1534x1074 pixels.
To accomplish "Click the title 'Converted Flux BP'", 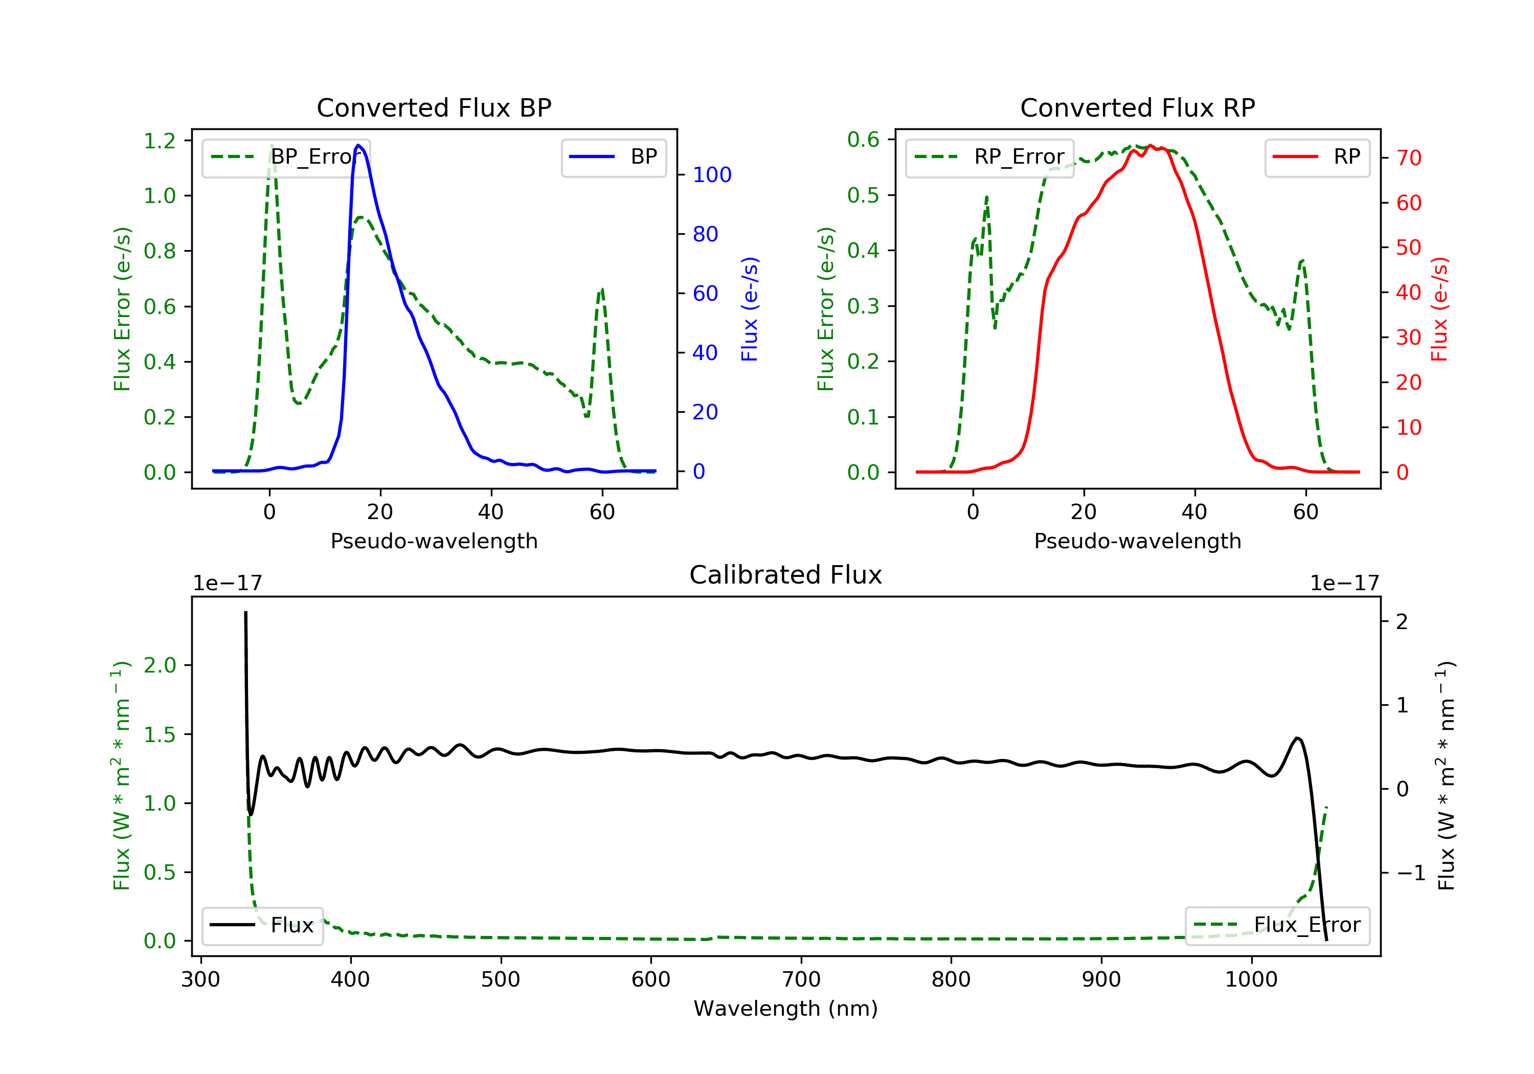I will click(434, 107).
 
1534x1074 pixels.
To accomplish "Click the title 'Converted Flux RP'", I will click(1137, 107).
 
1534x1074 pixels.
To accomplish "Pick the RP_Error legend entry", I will click(989, 157).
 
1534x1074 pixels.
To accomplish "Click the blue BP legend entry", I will click(613, 157).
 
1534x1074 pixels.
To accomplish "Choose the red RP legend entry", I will click(1317, 157).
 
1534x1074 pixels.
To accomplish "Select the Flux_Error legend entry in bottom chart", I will click(1277, 925).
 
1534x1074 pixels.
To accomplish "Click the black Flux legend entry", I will click(262, 925).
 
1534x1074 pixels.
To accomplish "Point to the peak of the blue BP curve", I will click(359, 145).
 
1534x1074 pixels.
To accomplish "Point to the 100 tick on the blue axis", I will click(712, 175).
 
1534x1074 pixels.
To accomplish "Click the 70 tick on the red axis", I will click(1408, 159).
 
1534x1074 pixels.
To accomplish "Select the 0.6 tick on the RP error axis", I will click(863, 140).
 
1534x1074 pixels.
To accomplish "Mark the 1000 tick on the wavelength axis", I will click(1251, 979).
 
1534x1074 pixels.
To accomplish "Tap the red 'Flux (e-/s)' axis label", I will click(1438, 309).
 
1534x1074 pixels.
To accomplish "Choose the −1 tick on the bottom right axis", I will click(1410, 873).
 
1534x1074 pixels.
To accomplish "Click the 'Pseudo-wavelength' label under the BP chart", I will click(434, 541).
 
